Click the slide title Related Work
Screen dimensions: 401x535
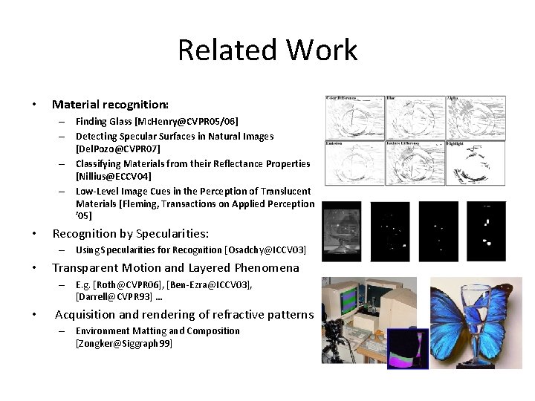[267, 50]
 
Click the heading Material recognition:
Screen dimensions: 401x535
[110, 105]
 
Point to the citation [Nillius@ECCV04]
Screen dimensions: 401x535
[113, 176]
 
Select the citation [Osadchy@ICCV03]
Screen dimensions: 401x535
[265, 250]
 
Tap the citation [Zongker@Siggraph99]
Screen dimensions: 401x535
[123, 343]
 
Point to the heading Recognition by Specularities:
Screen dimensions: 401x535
[130, 234]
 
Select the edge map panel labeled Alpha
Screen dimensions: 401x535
[475, 117]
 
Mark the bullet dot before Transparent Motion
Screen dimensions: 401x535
[35, 268]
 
